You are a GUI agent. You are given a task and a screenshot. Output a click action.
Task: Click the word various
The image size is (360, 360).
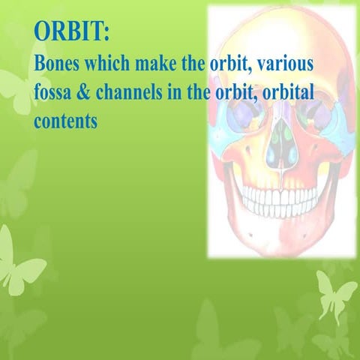click(285, 64)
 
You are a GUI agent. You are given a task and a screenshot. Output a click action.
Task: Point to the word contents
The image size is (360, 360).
click(66, 120)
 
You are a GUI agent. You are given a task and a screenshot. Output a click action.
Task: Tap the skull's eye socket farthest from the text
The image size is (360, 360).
click(313, 112)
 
